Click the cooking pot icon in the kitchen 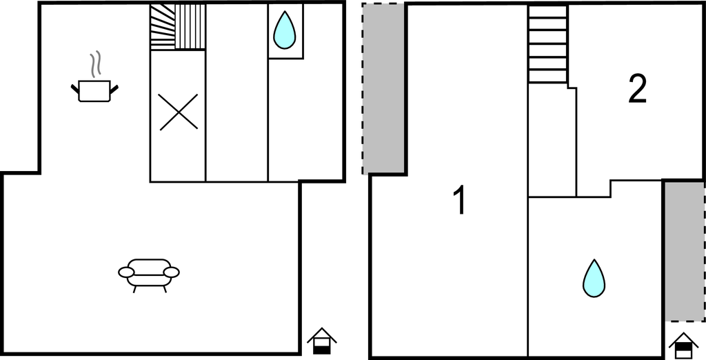(x=94, y=91)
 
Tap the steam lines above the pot (x=95, y=63)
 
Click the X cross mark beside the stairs (x=179, y=112)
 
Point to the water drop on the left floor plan (x=285, y=30)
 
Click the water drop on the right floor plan (x=594, y=279)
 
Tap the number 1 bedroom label (x=459, y=201)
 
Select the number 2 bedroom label (x=638, y=89)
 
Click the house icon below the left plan (x=321, y=341)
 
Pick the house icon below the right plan (x=683, y=346)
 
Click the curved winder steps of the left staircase (x=163, y=27)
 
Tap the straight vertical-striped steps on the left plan (x=190, y=27)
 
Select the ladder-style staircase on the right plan (x=547, y=44)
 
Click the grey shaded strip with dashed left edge (x=383, y=88)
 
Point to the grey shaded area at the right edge (x=685, y=252)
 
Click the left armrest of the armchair (x=126, y=272)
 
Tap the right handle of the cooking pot (x=114, y=89)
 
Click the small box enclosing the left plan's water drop (x=286, y=31)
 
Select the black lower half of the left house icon (x=321, y=350)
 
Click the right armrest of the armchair (x=172, y=272)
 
